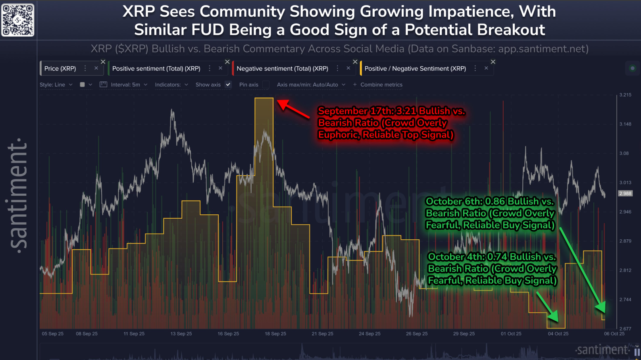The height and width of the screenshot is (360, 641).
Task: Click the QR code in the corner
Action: click(18, 20)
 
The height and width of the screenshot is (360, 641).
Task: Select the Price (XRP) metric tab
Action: click(60, 69)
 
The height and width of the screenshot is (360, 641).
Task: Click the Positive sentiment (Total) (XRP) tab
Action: click(156, 69)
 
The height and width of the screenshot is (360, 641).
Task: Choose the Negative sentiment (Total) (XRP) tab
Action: click(282, 69)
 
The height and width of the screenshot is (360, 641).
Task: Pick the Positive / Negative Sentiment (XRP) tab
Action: click(415, 69)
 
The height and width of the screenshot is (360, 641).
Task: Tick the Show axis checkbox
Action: click(228, 85)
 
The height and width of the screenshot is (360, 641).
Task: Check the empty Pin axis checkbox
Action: click(266, 85)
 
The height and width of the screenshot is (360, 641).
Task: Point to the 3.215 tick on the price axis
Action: click(625, 95)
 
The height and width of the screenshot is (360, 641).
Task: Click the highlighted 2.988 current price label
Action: click(625, 193)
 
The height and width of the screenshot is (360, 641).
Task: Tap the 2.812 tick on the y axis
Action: click(625, 270)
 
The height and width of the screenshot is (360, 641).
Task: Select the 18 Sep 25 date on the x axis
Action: click(275, 334)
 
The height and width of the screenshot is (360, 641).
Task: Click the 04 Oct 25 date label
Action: click(558, 334)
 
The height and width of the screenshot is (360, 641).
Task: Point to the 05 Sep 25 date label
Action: click(53, 334)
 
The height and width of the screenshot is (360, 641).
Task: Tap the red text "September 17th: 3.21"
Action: click(367, 111)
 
